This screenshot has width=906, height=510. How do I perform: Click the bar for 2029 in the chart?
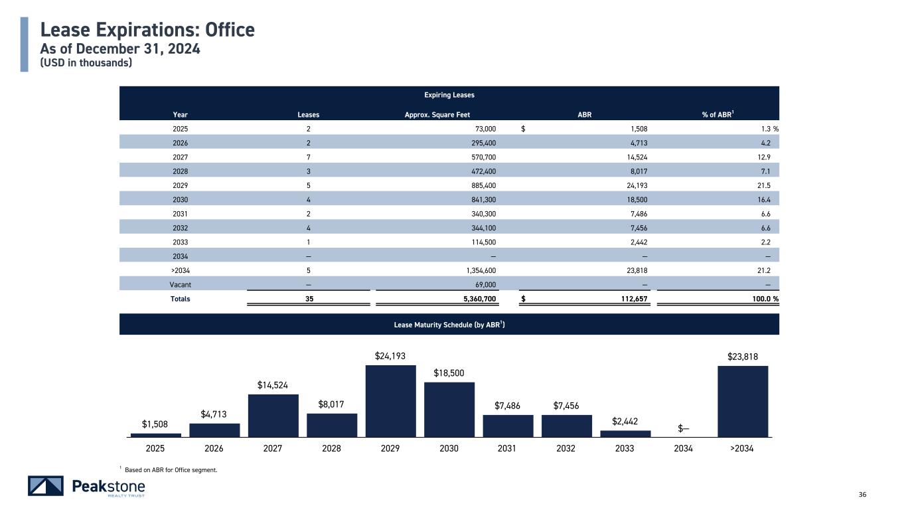[390, 400]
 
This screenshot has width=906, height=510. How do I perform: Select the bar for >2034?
[742, 401]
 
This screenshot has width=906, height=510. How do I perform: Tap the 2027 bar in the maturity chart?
[273, 415]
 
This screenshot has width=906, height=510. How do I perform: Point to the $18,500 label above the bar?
[449, 373]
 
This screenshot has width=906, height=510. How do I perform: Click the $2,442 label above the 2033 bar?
[625, 422]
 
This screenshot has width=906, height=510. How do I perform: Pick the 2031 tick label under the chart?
[507, 448]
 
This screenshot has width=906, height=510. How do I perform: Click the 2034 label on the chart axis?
[683, 448]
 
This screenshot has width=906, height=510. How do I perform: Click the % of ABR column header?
[717, 115]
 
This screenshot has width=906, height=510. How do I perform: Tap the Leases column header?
[308, 115]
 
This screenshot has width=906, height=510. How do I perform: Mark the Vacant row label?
[180, 284]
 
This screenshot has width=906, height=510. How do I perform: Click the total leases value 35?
[308, 299]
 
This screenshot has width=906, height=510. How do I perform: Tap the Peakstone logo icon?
[46, 486]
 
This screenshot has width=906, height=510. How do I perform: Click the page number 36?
[863, 493]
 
